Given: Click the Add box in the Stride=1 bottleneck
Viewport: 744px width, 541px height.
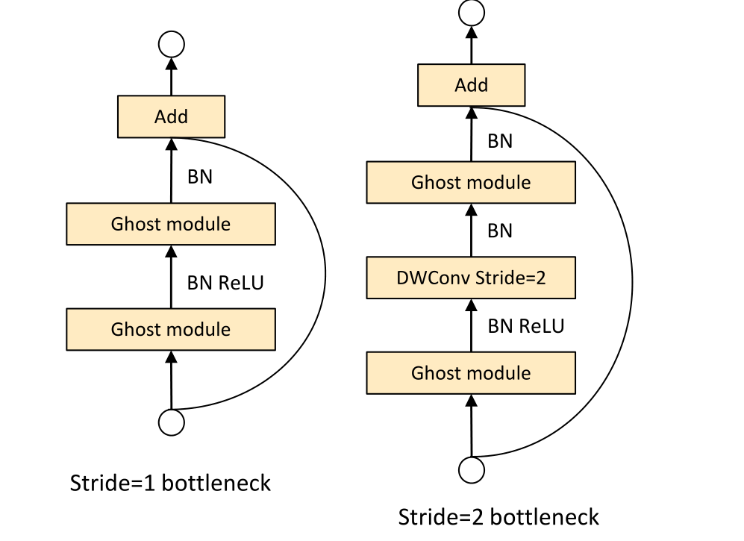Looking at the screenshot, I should pyautogui.click(x=171, y=116).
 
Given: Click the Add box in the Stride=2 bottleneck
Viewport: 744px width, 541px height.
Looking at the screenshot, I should pyautogui.click(x=471, y=85).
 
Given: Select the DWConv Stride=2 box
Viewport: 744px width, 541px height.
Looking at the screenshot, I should pyautogui.click(x=471, y=278).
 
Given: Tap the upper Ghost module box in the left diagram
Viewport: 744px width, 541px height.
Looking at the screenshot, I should pyautogui.click(x=171, y=224).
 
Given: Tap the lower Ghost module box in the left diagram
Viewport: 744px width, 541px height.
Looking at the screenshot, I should pyautogui.click(x=171, y=329).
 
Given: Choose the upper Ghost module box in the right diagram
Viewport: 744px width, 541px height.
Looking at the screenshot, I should pyautogui.click(x=471, y=182).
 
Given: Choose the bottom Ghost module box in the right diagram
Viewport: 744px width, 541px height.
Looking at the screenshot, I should pyautogui.click(x=471, y=373).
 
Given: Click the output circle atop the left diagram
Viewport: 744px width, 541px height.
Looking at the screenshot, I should pyautogui.click(x=172, y=45).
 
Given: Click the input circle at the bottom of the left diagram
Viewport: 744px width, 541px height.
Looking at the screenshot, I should pyautogui.click(x=172, y=422).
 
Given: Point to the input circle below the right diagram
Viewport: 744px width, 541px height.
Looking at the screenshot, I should pyautogui.click(x=472, y=470).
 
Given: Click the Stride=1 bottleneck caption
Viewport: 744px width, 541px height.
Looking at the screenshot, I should pyautogui.click(x=170, y=484).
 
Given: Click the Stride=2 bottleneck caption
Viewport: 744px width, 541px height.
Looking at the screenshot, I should pyautogui.click(x=498, y=516).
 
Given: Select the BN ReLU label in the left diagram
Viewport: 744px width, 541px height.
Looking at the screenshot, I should pyautogui.click(x=225, y=283).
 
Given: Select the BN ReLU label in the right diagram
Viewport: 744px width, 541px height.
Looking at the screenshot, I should pyautogui.click(x=525, y=326).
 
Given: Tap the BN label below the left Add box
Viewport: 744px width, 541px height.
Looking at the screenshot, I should pyautogui.click(x=199, y=177).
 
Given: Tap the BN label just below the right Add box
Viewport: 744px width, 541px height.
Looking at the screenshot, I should pyautogui.click(x=499, y=140).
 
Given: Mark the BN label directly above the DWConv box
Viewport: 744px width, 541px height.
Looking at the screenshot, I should pyautogui.click(x=499, y=231).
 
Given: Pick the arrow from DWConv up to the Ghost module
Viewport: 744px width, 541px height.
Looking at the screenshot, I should pyautogui.click(x=471, y=231).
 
